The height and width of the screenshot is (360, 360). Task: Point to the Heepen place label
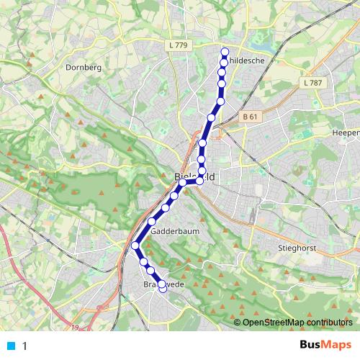pyautogui.click(x=346, y=133)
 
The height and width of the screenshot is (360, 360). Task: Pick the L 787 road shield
pyautogui.click(x=313, y=83)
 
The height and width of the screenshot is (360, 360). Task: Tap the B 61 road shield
pyautogui.click(x=250, y=117)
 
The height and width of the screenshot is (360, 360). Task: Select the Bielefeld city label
pyautogui.click(x=195, y=176)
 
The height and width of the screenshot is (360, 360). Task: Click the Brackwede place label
pyautogui.click(x=159, y=284)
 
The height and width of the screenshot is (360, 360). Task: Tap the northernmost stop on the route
pyautogui.click(x=225, y=52)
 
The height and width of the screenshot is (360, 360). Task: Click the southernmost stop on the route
pyautogui.click(x=163, y=288)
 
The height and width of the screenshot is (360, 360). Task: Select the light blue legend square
pyautogui.click(x=10, y=346)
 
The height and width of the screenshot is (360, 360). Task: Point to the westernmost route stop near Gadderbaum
pyautogui.click(x=135, y=246)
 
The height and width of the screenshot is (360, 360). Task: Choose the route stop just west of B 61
pyautogui.click(x=211, y=117)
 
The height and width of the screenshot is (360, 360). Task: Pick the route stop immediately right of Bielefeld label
pyautogui.click(x=199, y=180)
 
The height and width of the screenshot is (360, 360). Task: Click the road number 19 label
pyautogui.click(x=75, y=328)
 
